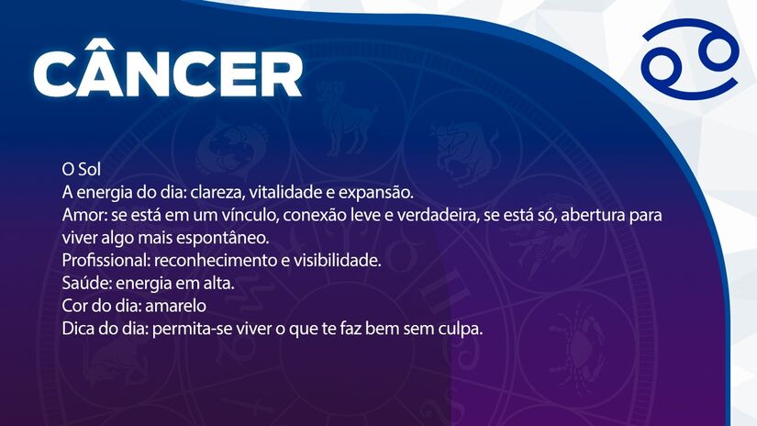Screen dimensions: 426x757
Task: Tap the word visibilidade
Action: [x=337, y=261]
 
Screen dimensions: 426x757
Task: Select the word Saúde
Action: [x=83, y=284]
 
